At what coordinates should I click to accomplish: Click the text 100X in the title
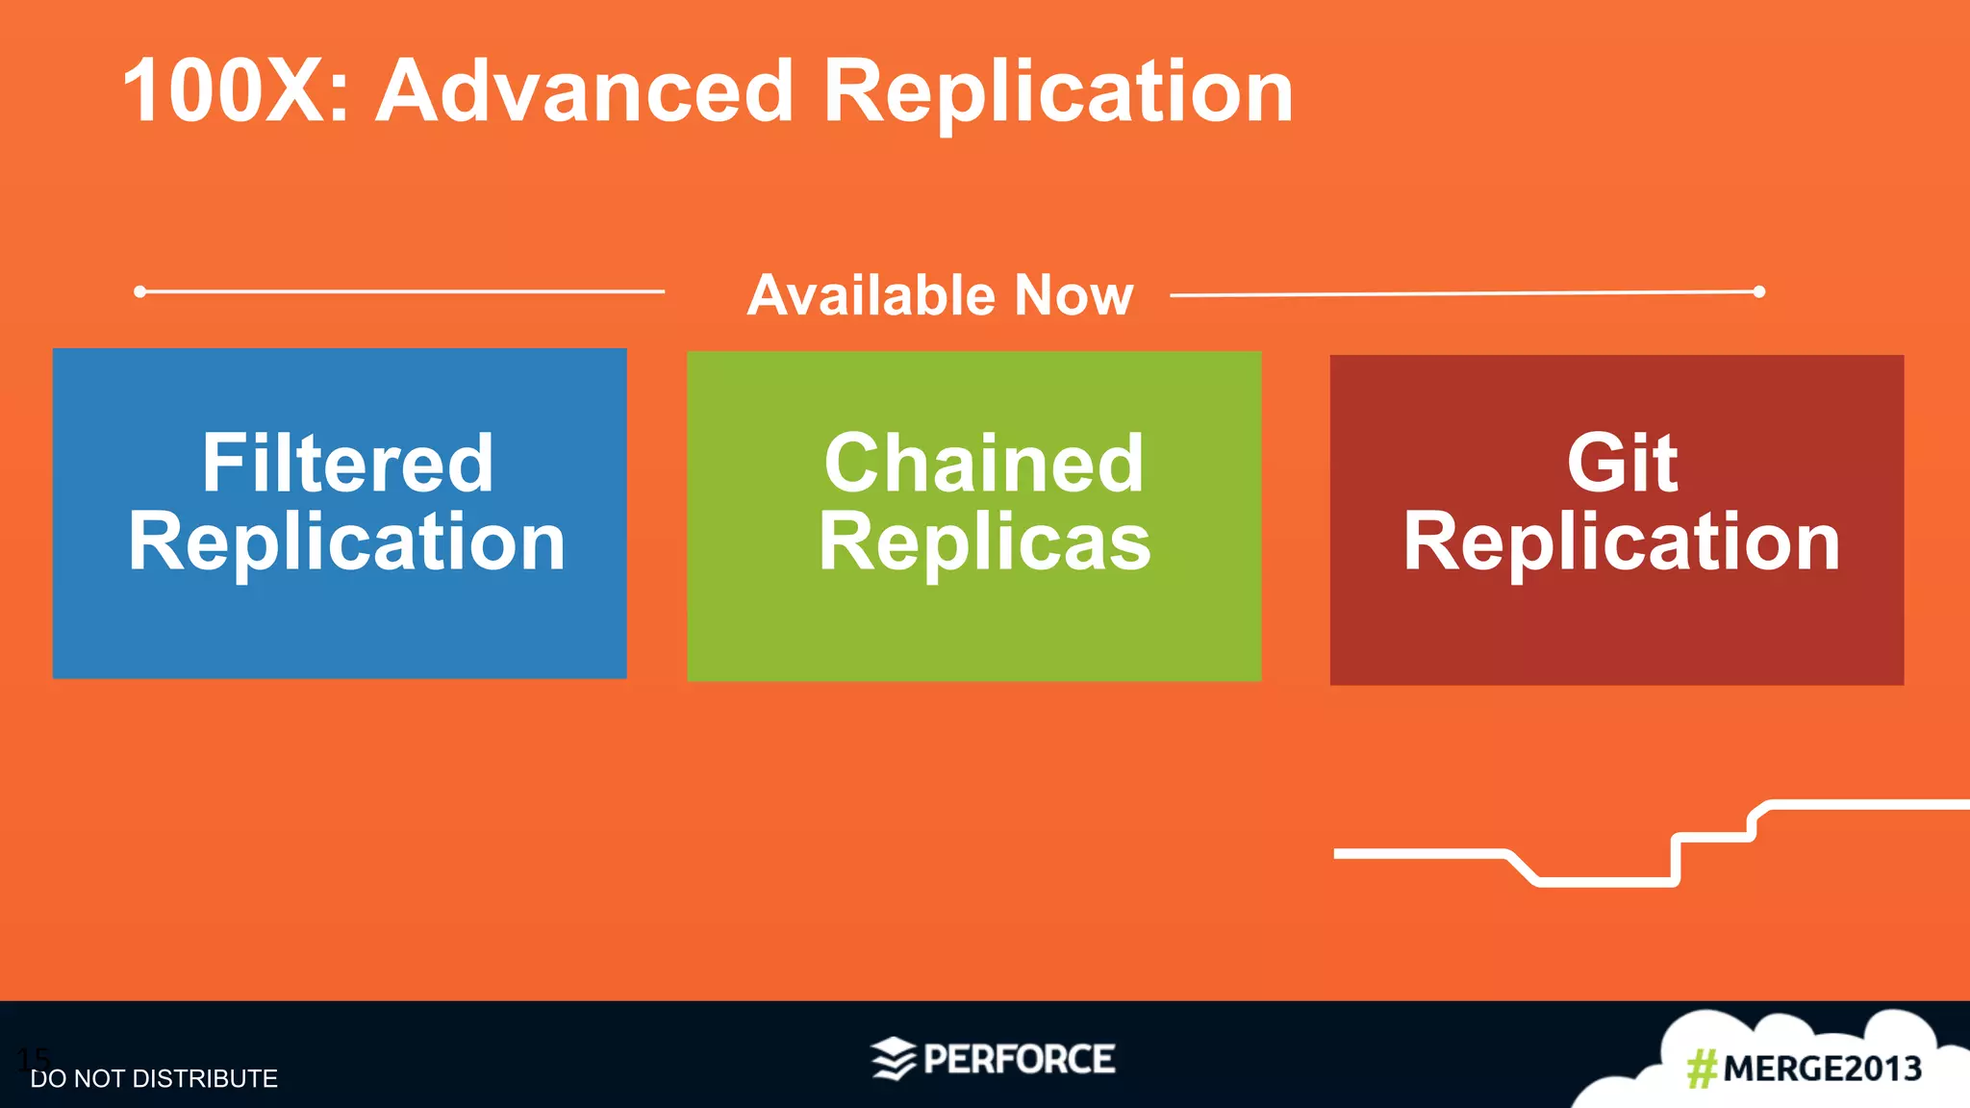click(236, 91)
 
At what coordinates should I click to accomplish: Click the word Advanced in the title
click(584, 91)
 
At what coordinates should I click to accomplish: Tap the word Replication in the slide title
click(1058, 91)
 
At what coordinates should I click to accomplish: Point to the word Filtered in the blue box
click(347, 464)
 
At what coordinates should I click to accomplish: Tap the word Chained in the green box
click(984, 464)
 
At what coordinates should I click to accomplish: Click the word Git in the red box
click(1622, 464)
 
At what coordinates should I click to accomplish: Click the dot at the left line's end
click(140, 291)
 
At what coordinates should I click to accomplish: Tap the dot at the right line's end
click(1758, 291)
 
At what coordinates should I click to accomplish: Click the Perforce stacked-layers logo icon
click(893, 1059)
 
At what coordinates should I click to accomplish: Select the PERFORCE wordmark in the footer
click(1019, 1059)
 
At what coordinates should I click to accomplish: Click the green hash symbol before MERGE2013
click(1702, 1069)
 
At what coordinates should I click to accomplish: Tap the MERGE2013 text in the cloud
click(1822, 1069)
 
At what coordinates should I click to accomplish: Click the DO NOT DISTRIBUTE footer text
click(154, 1079)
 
